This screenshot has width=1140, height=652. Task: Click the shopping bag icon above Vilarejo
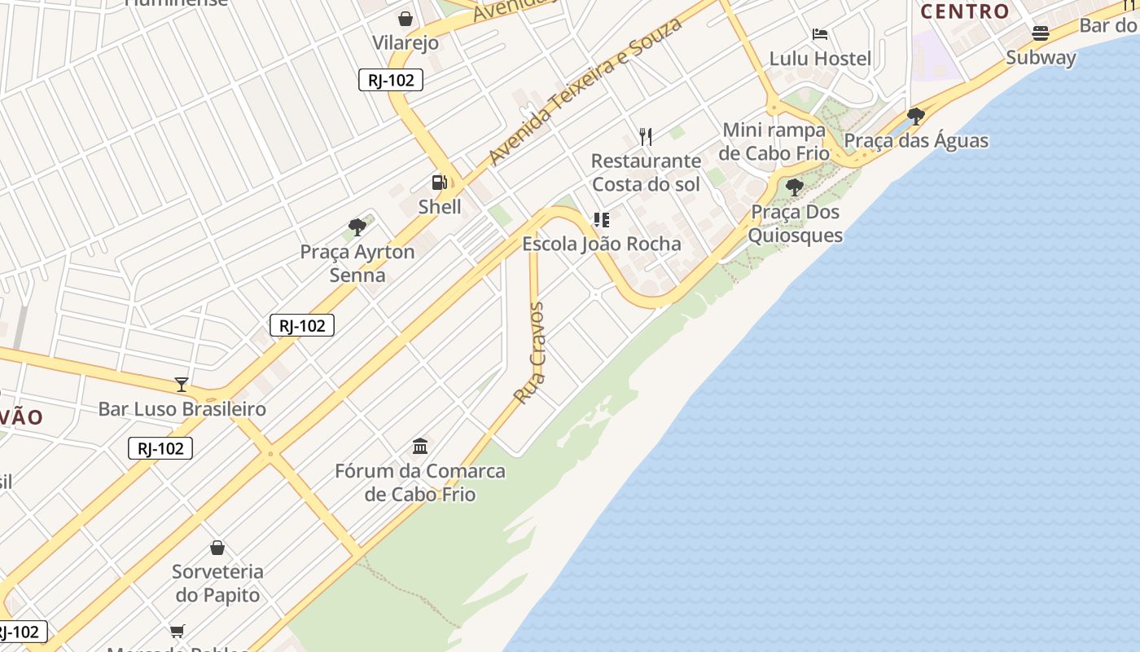click(x=406, y=18)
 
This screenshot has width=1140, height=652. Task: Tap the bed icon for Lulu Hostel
click(x=820, y=34)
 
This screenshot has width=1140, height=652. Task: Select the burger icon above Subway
click(x=1041, y=33)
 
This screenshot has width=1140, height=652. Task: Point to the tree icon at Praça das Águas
click(x=916, y=117)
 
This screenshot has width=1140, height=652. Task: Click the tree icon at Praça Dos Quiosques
click(x=795, y=188)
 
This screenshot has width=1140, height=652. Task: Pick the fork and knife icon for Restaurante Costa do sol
click(x=646, y=136)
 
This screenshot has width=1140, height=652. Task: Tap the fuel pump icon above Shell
click(x=440, y=183)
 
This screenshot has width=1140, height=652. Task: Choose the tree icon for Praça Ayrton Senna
click(x=357, y=227)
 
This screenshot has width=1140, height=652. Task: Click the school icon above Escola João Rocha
click(x=601, y=219)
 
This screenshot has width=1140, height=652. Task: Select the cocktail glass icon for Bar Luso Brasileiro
click(x=182, y=384)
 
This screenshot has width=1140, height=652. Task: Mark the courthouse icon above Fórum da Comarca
click(x=420, y=446)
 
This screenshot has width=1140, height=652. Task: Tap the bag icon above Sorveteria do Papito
click(x=217, y=547)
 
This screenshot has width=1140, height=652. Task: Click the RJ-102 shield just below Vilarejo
click(x=391, y=80)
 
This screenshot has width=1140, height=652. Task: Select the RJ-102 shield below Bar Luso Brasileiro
click(x=160, y=448)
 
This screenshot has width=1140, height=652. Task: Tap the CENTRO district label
click(x=965, y=11)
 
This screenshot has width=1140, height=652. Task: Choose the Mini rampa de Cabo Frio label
click(x=774, y=142)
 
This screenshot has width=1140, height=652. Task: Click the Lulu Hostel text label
click(x=820, y=59)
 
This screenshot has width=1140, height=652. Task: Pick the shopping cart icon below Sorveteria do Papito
click(x=177, y=630)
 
